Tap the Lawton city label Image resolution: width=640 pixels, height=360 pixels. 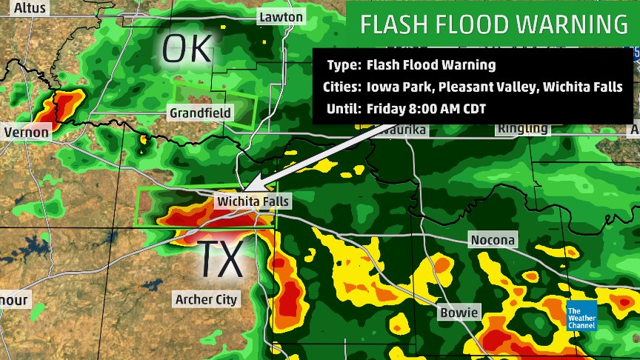[281, 16]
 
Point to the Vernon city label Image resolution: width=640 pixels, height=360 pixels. [27, 132]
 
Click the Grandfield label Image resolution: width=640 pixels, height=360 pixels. [200, 113]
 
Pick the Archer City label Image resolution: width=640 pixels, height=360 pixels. [206, 299]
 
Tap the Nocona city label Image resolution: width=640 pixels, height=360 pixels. [493, 240]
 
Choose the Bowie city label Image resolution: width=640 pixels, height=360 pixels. [459, 312]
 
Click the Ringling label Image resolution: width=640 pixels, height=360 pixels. [523, 128]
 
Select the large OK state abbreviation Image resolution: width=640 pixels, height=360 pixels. [187, 49]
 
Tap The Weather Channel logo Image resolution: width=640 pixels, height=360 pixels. [581, 317]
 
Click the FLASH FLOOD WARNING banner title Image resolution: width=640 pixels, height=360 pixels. [494, 24]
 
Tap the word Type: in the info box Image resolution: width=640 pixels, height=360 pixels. [342, 65]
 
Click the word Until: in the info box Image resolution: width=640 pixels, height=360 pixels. [343, 108]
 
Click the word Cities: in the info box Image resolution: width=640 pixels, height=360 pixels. [341, 87]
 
